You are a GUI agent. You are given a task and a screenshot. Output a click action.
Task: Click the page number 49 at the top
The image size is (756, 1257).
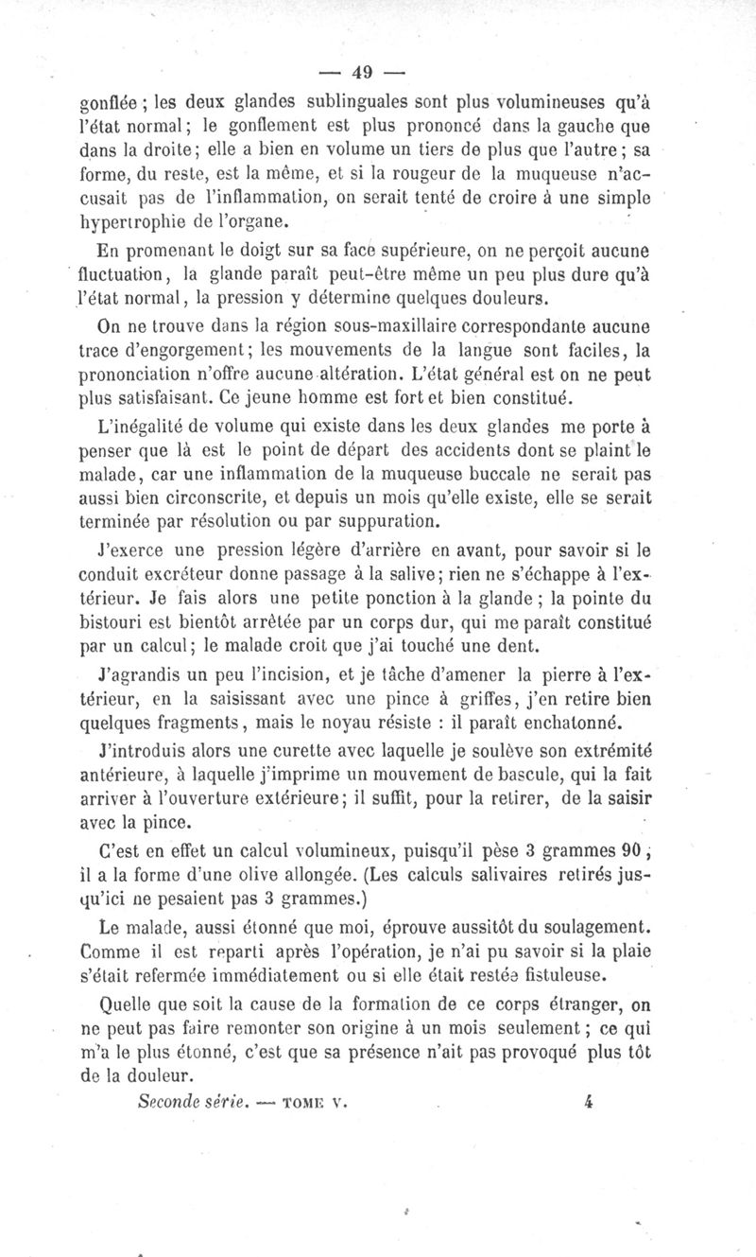(362, 72)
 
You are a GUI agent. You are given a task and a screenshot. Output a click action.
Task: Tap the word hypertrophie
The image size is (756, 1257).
(130, 224)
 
